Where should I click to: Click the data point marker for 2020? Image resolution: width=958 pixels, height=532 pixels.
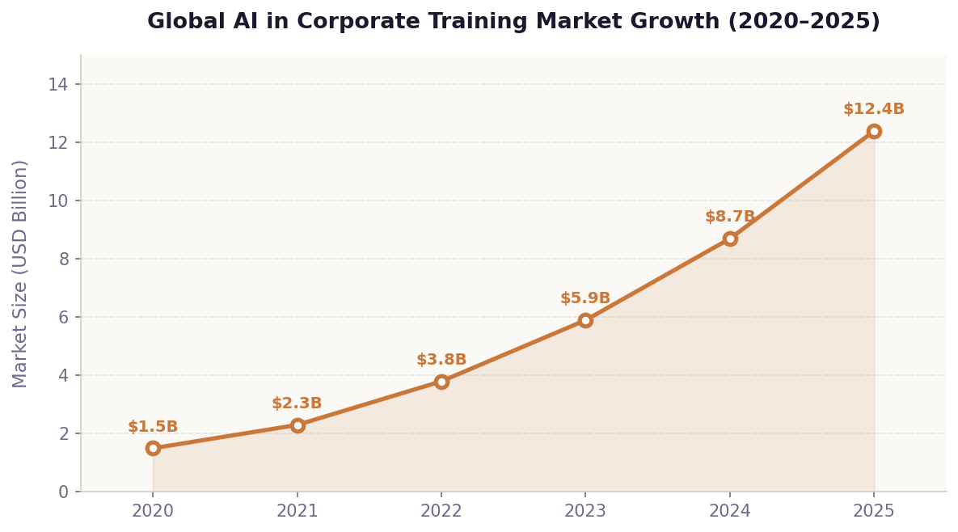[153, 448]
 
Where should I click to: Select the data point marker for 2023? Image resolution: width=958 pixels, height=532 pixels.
[585, 320]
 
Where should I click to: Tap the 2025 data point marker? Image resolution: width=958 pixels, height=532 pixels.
[874, 131]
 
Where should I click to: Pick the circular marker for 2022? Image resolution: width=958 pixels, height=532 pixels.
[441, 382]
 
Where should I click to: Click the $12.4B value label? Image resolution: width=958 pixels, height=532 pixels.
[874, 109]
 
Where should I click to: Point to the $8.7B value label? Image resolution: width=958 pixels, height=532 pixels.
[730, 217]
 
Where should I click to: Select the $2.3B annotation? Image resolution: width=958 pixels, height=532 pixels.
[297, 403]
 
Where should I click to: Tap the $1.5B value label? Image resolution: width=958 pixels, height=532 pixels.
[153, 427]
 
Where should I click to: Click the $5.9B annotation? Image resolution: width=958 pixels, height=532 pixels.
[585, 298]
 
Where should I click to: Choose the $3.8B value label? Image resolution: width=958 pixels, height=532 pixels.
[441, 360]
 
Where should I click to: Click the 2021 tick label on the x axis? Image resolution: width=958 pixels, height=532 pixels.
[298, 511]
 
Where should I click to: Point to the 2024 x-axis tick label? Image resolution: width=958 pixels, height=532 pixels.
[730, 511]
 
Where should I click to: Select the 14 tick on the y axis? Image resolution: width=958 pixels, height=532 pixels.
[58, 84]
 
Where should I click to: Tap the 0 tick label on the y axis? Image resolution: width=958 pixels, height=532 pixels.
[63, 492]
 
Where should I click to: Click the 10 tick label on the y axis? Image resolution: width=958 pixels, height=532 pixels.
[58, 201]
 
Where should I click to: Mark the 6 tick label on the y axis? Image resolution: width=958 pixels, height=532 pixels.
[63, 317]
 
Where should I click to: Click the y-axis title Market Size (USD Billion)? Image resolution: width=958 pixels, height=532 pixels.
[20, 273]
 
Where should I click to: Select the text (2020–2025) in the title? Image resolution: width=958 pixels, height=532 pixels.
[804, 22]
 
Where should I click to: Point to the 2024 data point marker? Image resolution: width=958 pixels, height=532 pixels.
[730, 239]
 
